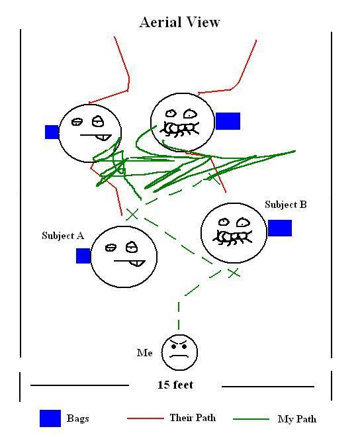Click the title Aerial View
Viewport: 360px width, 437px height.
point(180,23)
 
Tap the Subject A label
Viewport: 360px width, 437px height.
point(63,236)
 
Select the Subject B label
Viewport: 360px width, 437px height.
point(286,205)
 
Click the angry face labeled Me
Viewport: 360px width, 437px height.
point(179,352)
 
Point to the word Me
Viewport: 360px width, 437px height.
point(145,353)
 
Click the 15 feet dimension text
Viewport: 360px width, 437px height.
point(175,385)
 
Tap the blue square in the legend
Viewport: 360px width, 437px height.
point(50,418)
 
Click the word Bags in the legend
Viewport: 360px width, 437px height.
point(77,418)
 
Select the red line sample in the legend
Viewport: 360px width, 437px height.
point(145,418)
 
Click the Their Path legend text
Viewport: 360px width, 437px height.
point(193,418)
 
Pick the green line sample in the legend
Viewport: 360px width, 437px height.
point(251,419)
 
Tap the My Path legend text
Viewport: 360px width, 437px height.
point(297,419)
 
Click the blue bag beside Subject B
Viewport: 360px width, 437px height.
point(280,228)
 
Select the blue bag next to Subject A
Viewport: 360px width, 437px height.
point(83,256)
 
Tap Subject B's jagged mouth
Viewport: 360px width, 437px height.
point(232,238)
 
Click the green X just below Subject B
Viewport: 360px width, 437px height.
point(234,273)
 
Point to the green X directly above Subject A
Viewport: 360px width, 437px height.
point(132,215)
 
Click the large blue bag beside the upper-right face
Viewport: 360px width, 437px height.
point(228,121)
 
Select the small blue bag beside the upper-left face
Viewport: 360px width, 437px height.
point(52,132)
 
